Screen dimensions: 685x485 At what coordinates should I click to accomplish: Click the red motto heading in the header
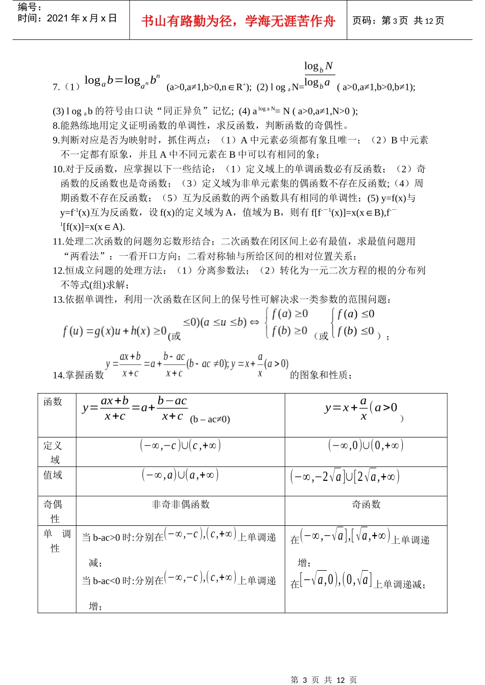tap(238, 21)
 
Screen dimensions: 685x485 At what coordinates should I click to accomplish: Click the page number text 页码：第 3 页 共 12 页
tap(398, 20)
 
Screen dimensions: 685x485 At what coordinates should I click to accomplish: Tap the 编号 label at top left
tap(30, 7)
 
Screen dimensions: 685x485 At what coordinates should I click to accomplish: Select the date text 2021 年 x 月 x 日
tap(82, 18)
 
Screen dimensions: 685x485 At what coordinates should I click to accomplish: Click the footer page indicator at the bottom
tap(324, 679)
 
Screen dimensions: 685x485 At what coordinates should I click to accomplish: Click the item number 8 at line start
tap(56, 126)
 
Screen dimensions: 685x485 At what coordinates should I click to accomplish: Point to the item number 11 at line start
tap(58, 241)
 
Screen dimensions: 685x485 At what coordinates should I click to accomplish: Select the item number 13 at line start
tap(58, 300)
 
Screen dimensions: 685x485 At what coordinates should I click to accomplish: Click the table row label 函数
tap(53, 402)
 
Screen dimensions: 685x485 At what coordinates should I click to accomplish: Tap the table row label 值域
tap(53, 475)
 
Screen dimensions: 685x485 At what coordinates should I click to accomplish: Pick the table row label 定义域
tap(53, 452)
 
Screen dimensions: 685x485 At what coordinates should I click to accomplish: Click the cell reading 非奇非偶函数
tap(181, 504)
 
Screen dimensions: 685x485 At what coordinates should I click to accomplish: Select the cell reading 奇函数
tap(366, 504)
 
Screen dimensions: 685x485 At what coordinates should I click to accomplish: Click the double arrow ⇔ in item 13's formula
tap(254, 322)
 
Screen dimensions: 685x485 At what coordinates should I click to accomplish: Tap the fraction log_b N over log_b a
tap(319, 75)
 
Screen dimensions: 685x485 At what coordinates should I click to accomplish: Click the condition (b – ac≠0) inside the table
tap(210, 420)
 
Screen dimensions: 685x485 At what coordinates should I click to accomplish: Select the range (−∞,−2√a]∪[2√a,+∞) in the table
tap(345, 477)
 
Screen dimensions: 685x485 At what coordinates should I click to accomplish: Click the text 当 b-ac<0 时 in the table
tap(107, 581)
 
